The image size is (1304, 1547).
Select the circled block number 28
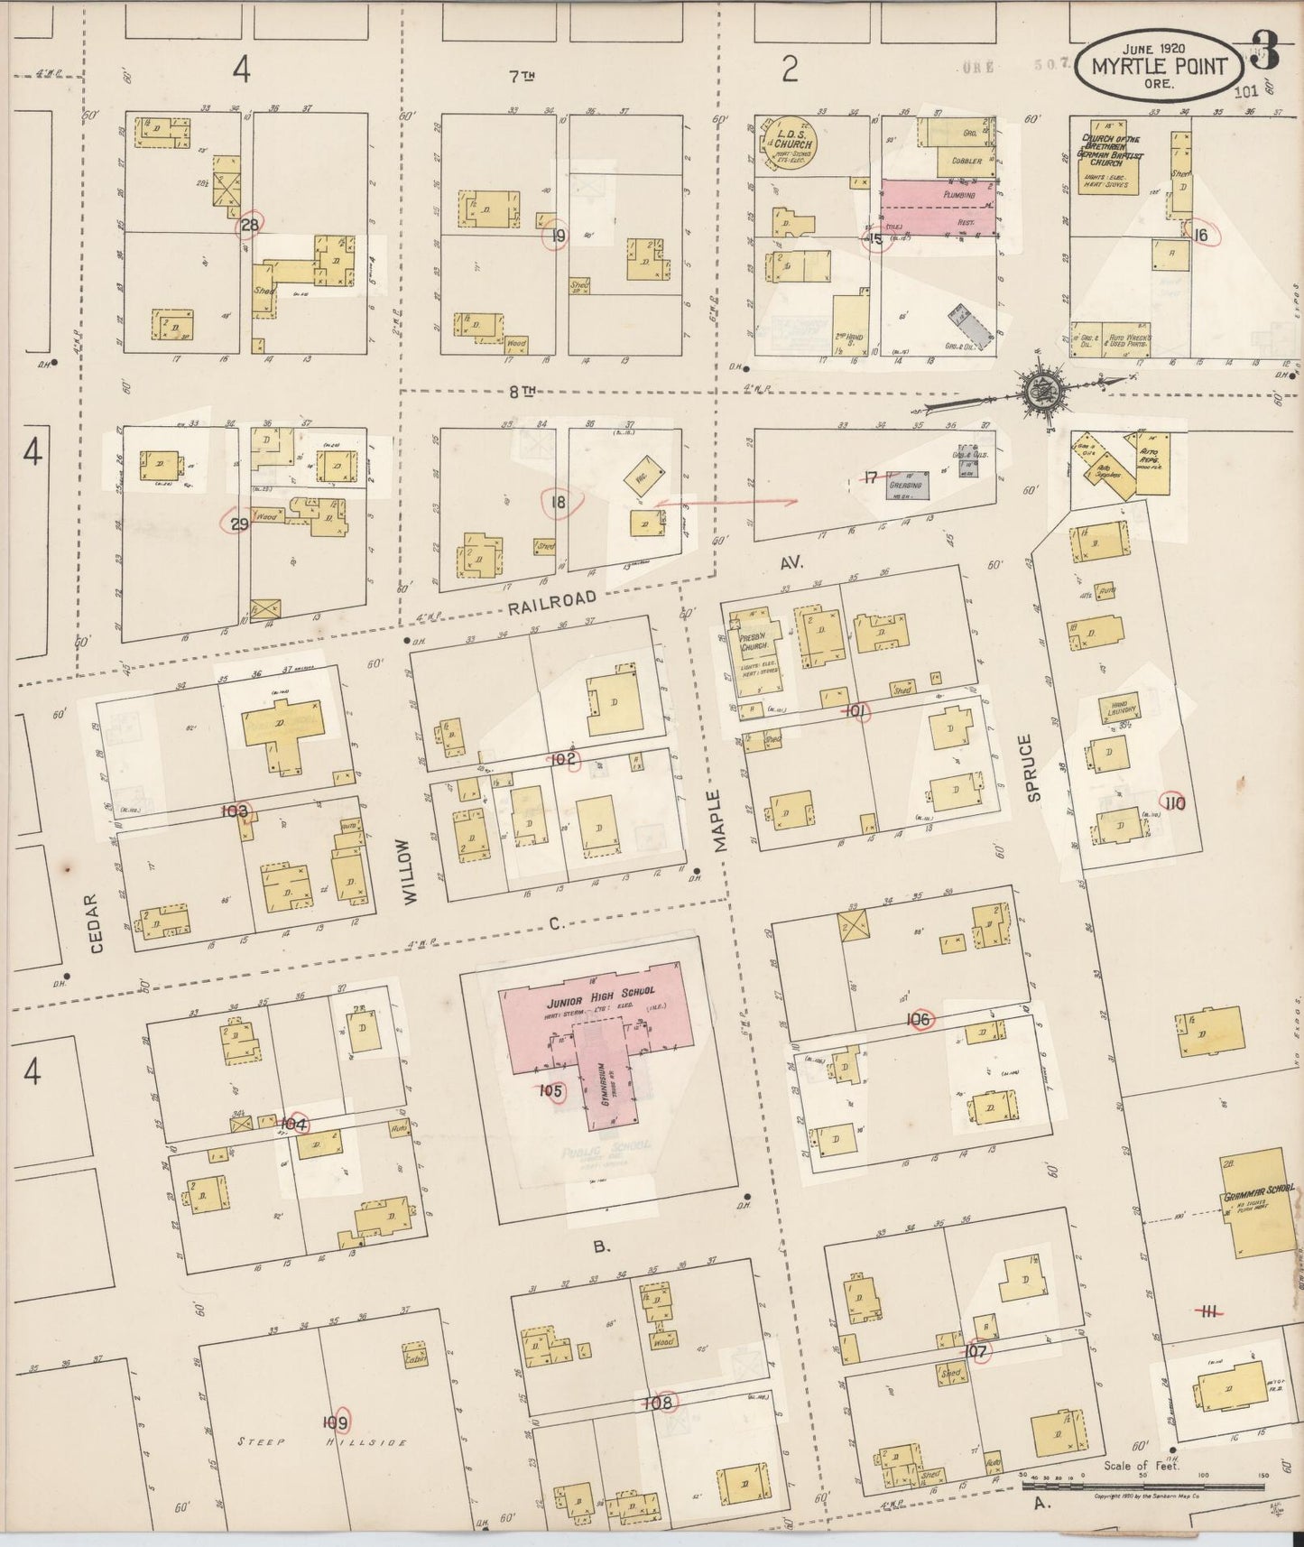pyautogui.click(x=250, y=226)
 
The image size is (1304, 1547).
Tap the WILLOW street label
pyautogui.click(x=411, y=870)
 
